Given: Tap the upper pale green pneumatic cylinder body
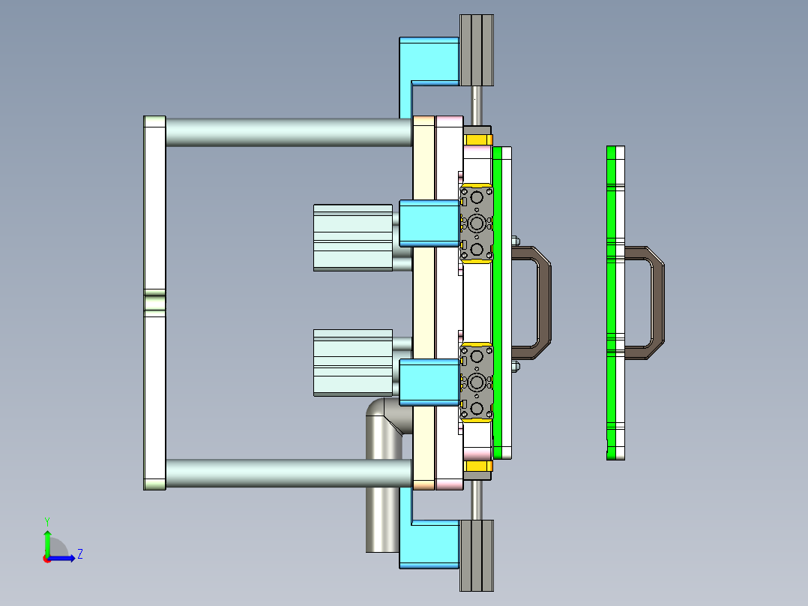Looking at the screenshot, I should [352, 237].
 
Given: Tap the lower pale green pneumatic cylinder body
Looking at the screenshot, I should [352, 361].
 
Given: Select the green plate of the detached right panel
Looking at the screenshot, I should [611, 300].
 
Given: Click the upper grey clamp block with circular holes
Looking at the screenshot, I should [477, 223].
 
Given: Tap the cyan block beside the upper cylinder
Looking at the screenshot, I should [429, 223].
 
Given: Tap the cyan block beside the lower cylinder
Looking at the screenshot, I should [429, 382].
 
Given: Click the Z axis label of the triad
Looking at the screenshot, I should [79, 555].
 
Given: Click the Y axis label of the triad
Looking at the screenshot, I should [46, 521].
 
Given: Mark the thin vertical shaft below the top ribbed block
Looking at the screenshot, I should [476, 105].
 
